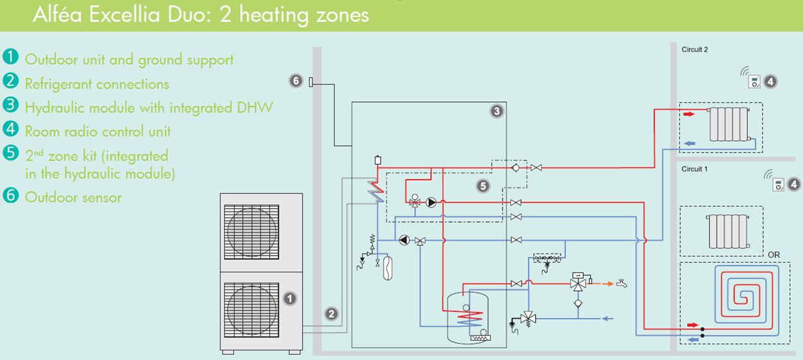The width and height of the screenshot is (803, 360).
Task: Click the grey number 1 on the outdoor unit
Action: (289, 299)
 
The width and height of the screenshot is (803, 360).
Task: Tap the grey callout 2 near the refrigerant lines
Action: (331, 314)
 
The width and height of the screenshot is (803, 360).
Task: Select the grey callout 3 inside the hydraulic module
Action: (496, 111)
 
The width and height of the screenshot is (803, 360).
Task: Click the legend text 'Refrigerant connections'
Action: (97, 84)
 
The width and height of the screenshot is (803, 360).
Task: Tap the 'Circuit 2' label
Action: (694, 49)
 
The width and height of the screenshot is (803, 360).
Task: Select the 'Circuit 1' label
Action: (694, 170)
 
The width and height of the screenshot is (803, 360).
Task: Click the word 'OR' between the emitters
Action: (774, 255)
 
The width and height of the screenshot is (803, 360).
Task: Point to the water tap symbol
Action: (621, 282)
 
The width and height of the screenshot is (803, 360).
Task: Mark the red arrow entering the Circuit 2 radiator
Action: (688, 115)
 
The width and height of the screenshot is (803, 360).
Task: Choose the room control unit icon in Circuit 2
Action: (755, 81)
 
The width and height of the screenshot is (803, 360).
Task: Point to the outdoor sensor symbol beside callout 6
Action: (311, 81)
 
